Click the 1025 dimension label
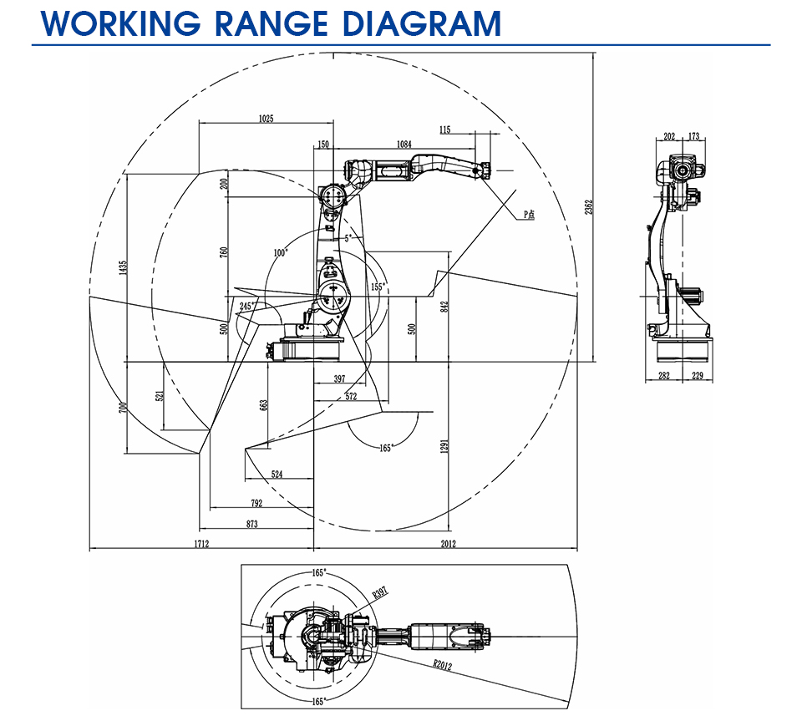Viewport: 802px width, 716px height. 266,119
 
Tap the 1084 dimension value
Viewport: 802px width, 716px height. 404,145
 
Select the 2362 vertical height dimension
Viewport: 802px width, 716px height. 589,206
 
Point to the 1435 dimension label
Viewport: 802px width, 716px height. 122,267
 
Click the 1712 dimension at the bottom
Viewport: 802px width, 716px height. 201,544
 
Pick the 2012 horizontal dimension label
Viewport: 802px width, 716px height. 449,544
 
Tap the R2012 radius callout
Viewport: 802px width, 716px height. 443,664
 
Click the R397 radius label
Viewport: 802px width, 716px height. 381,592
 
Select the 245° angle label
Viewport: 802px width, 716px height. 246,306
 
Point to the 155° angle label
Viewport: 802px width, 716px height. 378,287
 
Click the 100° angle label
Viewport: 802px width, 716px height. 281,252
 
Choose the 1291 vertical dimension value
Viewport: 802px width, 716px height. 444,445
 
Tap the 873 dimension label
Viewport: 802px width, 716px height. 252,524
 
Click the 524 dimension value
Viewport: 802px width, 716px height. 277,474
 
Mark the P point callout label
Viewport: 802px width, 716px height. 529,215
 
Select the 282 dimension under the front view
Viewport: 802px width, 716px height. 664,375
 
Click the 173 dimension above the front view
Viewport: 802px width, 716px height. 693,136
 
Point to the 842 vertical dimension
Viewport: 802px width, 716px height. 444,306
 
